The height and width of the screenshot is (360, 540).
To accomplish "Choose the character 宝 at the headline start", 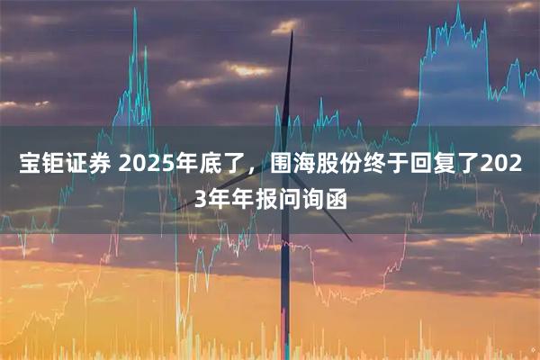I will tap(29, 165).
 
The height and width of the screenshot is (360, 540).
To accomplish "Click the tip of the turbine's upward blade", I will tap(292, 33).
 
